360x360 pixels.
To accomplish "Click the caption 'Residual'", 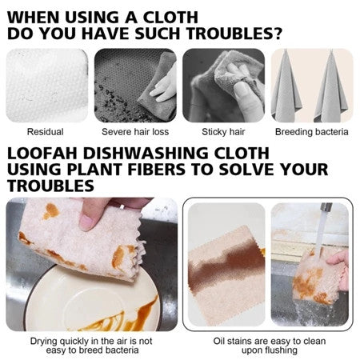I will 46,132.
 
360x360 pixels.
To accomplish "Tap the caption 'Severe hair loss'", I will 134,132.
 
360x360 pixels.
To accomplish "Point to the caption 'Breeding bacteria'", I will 311,132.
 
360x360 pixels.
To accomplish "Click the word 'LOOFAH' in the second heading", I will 47,153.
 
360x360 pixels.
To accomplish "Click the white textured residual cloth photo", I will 46,85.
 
